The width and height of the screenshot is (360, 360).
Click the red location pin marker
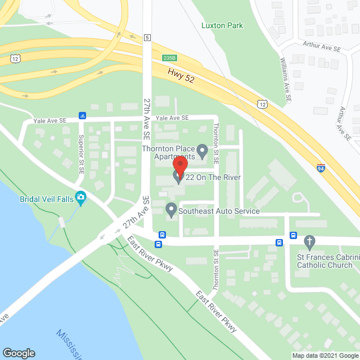pyautogui.click(x=180, y=165)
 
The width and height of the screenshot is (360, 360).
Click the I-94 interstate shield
pyautogui.click(x=320, y=168)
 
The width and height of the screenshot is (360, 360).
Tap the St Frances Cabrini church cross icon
pyautogui.click(x=309, y=242)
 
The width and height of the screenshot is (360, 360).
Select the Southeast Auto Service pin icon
pyautogui.click(x=172, y=210)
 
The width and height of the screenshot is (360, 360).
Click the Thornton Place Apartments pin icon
pyautogui.click(x=202, y=150)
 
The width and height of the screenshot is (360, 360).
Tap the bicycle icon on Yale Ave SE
pyautogui.click(x=82, y=116)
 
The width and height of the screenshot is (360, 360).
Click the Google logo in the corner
pyautogui.click(x=19, y=353)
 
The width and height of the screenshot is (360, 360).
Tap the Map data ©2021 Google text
pyautogui.click(x=325, y=355)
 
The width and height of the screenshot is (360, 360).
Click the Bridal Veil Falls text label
pyautogui.click(x=47, y=199)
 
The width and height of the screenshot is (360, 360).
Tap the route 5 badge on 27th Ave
pyautogui.click(x=147, y=38)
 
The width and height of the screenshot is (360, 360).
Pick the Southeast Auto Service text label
pyautogui.click(x=219, y=211)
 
